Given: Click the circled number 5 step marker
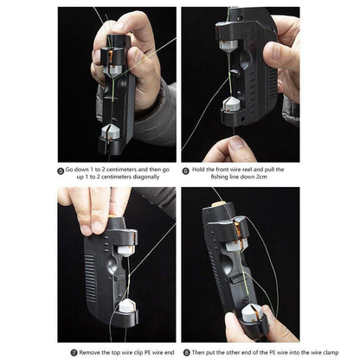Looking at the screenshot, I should point(61,170).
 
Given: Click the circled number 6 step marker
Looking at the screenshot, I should point(185,170).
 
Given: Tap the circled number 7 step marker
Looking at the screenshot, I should point(74,352).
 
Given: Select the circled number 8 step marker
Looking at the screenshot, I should point(185,352).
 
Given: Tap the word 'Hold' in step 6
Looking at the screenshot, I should point(201,170).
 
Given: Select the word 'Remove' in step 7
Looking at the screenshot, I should point(92,352).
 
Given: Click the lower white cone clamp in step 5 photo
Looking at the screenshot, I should point(109,132).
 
